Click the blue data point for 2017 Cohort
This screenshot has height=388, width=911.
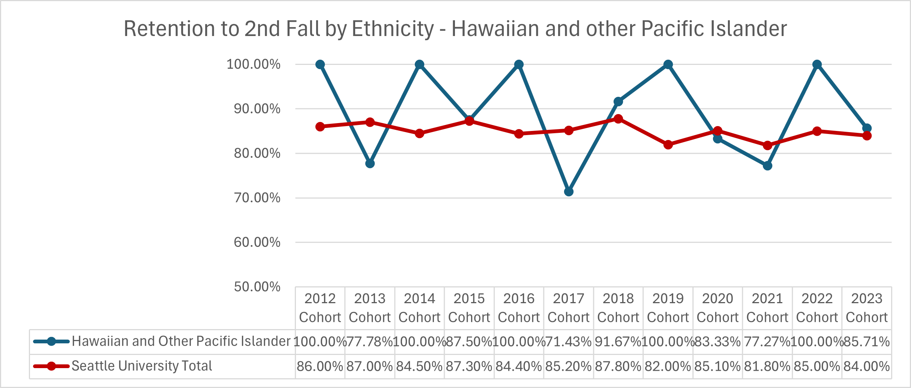tap(569, 192)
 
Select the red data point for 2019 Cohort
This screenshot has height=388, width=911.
tap(668, 144)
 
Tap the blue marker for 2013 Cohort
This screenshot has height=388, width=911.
tap(370, 164)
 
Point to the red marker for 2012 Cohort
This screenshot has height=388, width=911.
tap(320, 127)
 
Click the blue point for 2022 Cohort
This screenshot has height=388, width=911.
tap(817, 65)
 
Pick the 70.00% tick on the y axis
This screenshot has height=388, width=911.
tap(257, 198)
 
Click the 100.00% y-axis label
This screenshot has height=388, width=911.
tap(253, 64)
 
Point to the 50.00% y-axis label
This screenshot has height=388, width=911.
tap(257, 287)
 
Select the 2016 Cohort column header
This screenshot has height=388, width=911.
tap(519, 308)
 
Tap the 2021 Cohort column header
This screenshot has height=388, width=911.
tap(767, 308)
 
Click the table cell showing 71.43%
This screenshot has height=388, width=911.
tap(568, 342)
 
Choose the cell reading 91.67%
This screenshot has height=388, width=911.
tap(618, 342)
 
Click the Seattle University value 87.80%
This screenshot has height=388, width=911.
tap(618, 366)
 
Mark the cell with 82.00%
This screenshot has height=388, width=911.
tap(668, 366)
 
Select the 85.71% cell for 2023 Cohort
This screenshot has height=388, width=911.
tap(866, 342)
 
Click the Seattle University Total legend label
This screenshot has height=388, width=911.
tap(142, 366)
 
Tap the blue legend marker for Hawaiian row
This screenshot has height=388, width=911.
tap(51, 341)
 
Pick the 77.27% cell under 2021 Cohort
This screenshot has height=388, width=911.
tap(767, 342)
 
